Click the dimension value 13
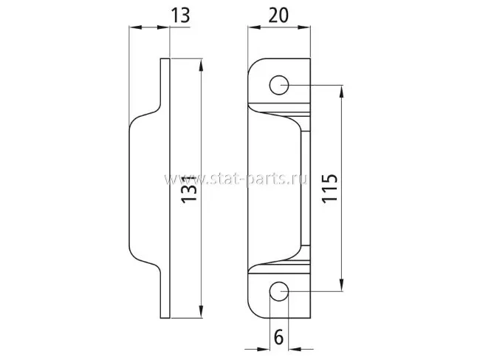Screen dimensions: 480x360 pos(180,16)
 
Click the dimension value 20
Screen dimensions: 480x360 pos(278,16)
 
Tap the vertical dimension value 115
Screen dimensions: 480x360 pos(329,188)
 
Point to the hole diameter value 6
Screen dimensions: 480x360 pos(278,337)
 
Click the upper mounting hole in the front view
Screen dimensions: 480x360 pos(279,85)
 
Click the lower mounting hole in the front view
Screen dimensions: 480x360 pos(279,291)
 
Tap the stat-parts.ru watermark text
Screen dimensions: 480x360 pos(236,179)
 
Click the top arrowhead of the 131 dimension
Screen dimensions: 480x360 pos(201,66)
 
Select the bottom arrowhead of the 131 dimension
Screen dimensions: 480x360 pos(201,311)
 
